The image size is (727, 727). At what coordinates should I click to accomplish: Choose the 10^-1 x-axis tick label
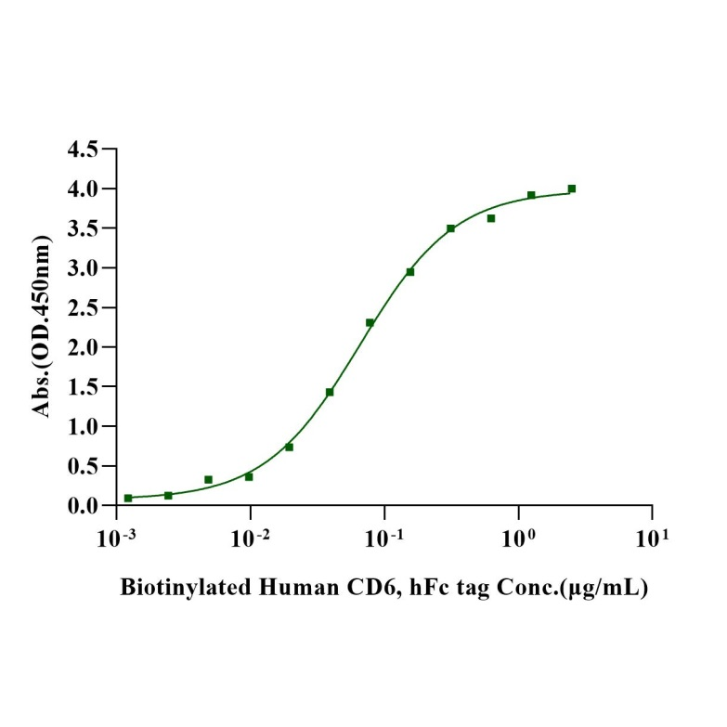coord(383,538)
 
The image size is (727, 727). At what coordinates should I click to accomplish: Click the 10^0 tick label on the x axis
coord(517,538)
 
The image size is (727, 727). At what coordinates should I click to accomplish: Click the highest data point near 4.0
coord(572,188)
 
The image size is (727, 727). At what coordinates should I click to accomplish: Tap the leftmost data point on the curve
coord(128,498)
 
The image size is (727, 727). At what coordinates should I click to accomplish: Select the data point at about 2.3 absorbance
coord(370,322)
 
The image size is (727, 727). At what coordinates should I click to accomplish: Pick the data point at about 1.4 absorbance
coord(330,392)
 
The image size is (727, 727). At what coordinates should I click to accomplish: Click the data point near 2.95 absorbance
coord(410,272)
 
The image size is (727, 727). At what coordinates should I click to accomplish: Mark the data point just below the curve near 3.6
coord(491,218)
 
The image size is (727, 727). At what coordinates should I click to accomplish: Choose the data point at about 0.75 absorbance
coord(289,447)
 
